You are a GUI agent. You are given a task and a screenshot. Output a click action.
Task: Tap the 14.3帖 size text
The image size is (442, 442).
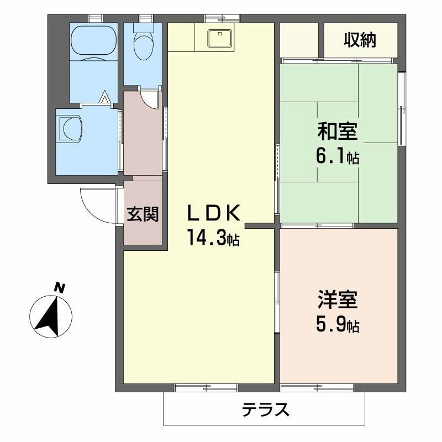pyautogui.click(x=213, y=239)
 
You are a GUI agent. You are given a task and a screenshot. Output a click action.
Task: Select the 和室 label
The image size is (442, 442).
pyautogui.click(x=338, y=132)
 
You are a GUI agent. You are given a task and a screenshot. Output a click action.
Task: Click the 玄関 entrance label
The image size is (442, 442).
pyautogui.click(x=143, y=214)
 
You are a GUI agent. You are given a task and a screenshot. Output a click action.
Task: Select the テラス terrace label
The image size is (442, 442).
pyautogui.click(x=265, y=409)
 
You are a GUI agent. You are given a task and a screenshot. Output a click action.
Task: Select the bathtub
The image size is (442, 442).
pyautogui.click(x=93, y=41)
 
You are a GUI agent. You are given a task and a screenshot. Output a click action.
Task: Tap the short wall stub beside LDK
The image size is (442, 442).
pyautogui.click(x=260, y=225)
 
